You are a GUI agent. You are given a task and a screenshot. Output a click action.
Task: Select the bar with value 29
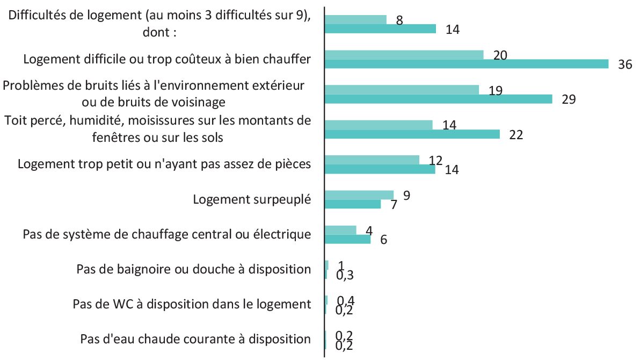438,99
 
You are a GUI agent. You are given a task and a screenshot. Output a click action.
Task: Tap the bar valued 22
412,134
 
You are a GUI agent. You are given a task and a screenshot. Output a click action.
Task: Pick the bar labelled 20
404,55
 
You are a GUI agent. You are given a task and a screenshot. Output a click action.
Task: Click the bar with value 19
402,90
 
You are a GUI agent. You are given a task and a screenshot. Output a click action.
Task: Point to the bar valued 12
372,160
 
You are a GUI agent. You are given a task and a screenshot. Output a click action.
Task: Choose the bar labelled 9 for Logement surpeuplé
359,195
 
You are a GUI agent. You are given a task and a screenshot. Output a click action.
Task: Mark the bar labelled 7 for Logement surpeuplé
353,204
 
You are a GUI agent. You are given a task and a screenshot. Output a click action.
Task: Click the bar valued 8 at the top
355,20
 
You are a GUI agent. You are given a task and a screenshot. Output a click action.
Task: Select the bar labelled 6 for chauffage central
347,239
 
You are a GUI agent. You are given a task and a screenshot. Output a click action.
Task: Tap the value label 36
625,64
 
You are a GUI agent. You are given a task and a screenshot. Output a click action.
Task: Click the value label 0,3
345,275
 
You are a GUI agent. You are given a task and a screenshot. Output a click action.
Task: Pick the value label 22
516,134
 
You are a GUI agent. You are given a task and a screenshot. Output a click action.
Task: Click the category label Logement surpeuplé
252,199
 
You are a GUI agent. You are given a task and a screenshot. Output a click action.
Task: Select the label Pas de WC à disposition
192,304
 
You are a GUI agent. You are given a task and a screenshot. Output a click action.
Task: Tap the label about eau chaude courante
195,339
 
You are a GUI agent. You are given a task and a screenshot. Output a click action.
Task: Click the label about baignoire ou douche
194,269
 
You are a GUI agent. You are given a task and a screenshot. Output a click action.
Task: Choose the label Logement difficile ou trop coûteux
167,59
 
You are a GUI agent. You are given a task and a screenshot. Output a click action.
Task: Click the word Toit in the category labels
17,121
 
